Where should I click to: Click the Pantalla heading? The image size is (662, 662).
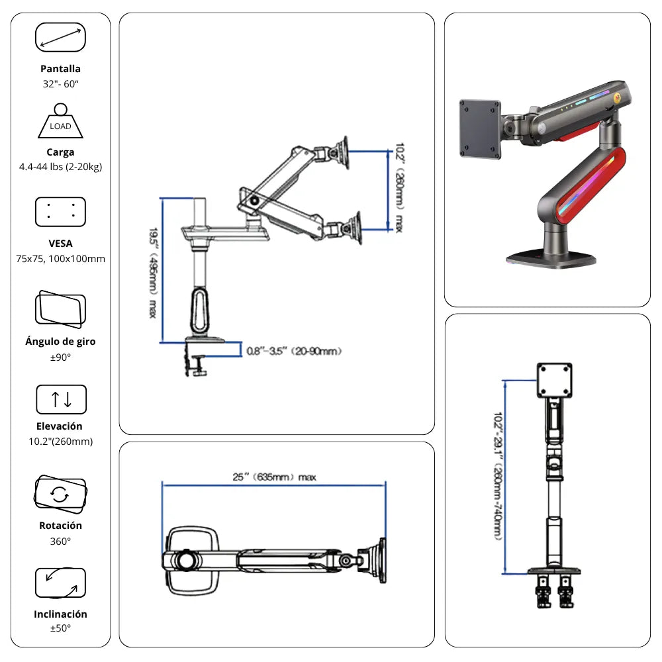[x=60, y=69]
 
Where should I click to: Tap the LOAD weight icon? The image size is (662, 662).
[x=60, y=121]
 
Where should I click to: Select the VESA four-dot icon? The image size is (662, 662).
[x=60, y=212]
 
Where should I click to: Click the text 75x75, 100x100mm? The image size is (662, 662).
[x=60, y=259]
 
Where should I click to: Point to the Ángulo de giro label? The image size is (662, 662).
[x=60, y=342]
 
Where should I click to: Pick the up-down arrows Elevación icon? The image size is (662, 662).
[x=61, y=399]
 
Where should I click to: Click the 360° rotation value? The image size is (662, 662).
[x=60, y=541]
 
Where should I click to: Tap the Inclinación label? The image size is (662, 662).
[x=60, y=614]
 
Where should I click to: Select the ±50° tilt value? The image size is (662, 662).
[x=60, y=628]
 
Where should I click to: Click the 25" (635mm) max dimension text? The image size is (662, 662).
[x=274, y=477]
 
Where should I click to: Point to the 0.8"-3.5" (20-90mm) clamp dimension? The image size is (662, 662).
[x=294, y=352]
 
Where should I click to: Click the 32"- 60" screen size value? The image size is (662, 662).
[x=60, y=83]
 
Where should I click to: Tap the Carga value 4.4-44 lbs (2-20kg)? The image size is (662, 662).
[x=60, y=167]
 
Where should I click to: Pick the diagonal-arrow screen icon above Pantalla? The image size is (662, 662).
[x=60, y=37]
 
